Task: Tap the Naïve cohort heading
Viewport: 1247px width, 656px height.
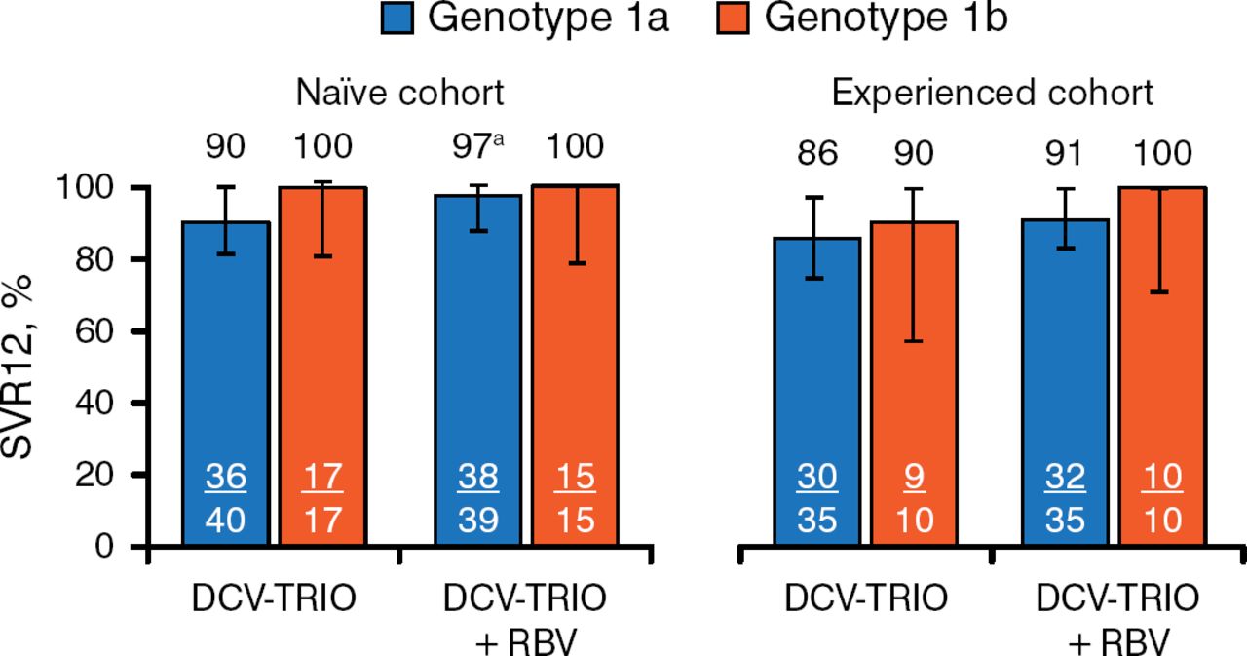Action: pos(400,95)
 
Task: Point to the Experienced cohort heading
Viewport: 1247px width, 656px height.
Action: pos(992,95)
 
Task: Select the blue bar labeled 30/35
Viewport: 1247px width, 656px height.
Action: pos(818,390)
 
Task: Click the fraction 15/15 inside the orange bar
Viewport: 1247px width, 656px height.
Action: pos(574,497)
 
